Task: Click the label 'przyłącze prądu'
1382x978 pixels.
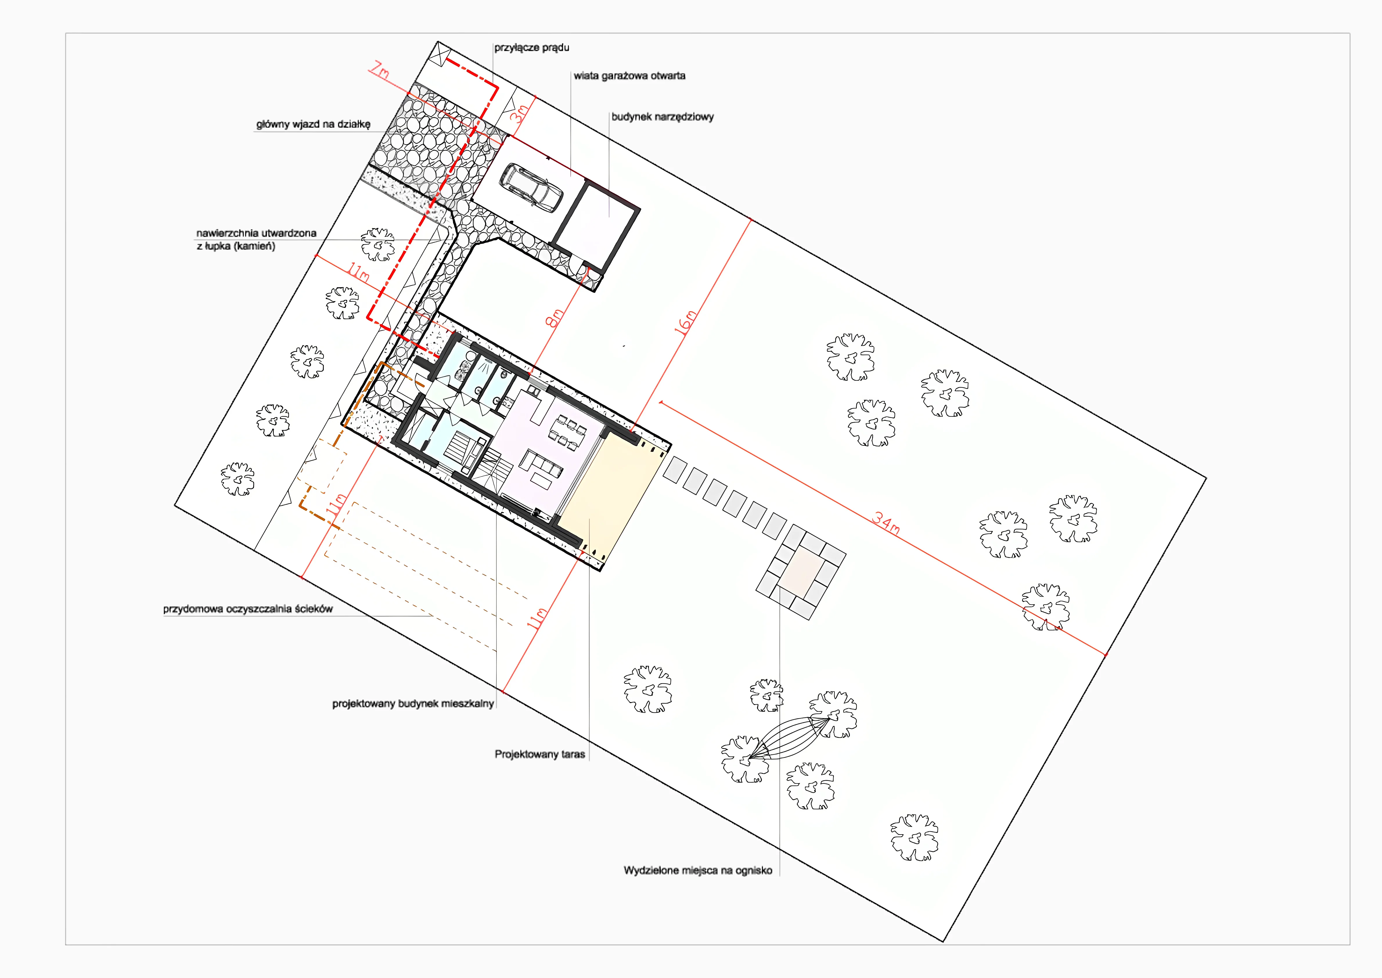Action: point(532,48)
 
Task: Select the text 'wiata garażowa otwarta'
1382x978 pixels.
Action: point(629,76)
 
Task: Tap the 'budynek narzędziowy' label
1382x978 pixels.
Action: point(662,117)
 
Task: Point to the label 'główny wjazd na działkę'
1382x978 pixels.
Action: point(313,125)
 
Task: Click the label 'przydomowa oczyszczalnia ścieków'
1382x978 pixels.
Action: point(247,609)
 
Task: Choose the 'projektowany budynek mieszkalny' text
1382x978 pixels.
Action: point(413,703)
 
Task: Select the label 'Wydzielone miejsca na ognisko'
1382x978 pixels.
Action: point(698,870)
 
